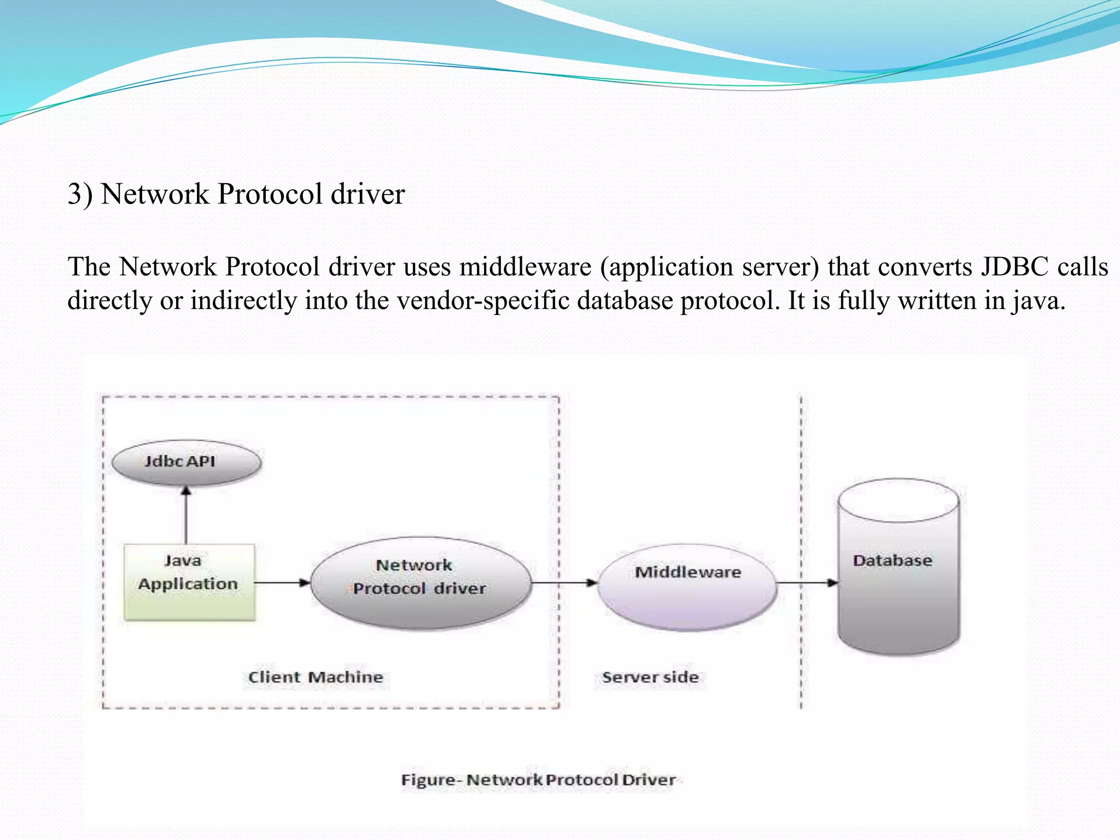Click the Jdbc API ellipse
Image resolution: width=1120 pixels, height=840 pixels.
[x=186, y=462]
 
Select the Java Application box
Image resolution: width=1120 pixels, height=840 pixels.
[x=189, y=582]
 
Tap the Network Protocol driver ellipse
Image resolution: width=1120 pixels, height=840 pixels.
[x=420, y=583]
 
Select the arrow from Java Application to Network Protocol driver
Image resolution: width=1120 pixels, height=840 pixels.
[x=282, y=582]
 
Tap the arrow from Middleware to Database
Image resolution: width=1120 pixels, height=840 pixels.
[x=807, y=582]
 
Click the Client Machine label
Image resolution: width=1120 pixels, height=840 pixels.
[x=316, y=677]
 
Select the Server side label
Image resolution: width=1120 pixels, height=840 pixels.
[x=650, y=677]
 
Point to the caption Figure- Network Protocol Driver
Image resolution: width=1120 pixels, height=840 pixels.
[x=538, y=780]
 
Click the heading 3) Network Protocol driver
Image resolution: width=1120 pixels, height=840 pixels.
[x=236, y=194]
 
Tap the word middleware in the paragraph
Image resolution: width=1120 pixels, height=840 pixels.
[x=525, y=267]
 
